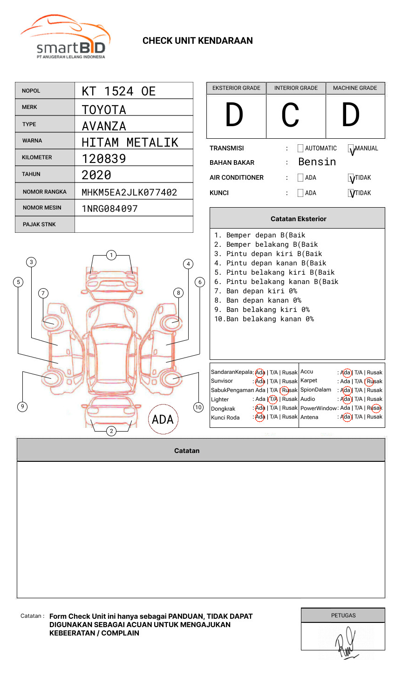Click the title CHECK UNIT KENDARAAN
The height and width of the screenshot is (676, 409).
click(198, 41)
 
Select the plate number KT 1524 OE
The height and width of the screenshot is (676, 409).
click(119, 91)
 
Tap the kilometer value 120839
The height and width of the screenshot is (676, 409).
click(104, 159)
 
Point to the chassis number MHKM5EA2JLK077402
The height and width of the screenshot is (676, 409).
click(130, 192)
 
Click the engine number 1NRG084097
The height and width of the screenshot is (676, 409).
click(110, 209)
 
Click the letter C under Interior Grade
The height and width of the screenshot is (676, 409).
click(290, 115)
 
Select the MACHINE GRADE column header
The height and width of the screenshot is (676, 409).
click(355, 88)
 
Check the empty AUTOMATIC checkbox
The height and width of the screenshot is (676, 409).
click(300, 149)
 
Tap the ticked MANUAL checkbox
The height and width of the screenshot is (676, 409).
click(351, 149)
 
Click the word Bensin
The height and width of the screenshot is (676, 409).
click(317, 162)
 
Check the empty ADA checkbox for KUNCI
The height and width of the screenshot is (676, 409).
click(300, 193)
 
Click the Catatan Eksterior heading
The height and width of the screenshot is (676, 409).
click(298, 219)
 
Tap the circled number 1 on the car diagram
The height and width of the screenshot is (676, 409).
click(111, 255)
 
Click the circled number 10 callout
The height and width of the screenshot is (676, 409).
click(198, 407)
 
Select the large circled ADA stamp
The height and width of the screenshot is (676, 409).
click(163, 419)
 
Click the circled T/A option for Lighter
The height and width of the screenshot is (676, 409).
click(273, 399)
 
